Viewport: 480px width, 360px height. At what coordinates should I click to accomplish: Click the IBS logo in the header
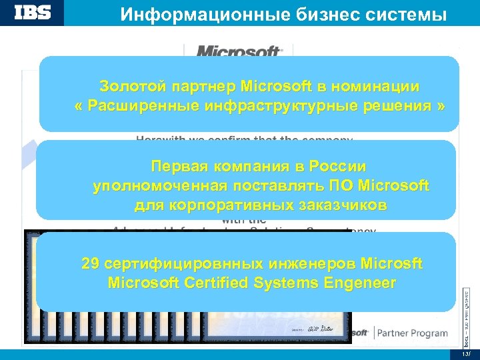point(33,13)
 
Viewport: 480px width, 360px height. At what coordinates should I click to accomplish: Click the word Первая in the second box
point(179,165)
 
